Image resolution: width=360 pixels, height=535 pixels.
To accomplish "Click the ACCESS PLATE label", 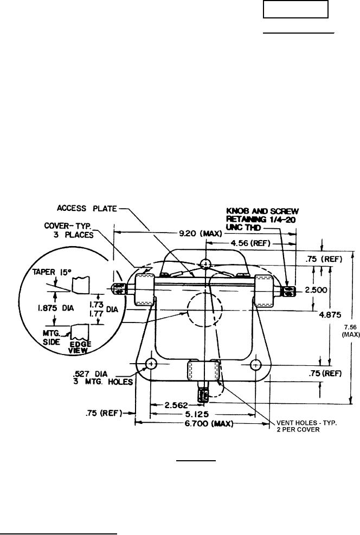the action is (x=87, y=208).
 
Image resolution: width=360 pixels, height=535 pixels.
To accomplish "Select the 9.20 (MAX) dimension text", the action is (x=201, y=234).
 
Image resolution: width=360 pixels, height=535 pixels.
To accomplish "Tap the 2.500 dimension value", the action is (x=316, y=290).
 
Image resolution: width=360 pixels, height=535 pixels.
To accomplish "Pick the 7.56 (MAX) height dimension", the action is (x=351, y=331).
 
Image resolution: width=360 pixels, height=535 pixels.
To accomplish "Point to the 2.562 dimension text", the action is (x=176, y=405).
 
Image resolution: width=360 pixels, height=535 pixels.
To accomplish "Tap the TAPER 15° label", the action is (x=48, y=272).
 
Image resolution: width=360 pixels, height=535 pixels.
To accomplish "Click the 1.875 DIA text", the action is (x=56, y=308).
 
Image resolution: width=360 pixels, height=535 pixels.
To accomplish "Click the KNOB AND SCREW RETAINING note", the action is (x=262, y=219).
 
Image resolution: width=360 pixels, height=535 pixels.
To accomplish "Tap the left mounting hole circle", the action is (x=151, y=364).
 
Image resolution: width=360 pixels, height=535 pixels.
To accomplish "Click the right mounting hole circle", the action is (x=255, y=364).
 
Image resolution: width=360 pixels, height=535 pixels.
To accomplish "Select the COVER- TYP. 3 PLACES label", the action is (x=69, y=230).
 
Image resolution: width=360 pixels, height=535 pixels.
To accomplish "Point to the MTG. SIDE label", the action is (x=52, y=337).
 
